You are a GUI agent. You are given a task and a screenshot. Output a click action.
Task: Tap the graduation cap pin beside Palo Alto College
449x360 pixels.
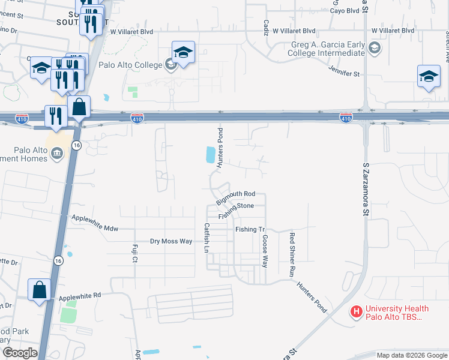(183, 52)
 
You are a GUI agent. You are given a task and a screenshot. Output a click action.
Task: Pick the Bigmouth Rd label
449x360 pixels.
(236, 194)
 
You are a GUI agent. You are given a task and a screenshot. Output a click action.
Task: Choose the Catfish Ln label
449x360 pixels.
(206, 238)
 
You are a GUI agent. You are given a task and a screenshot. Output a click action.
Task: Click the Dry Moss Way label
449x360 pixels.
(171, 241)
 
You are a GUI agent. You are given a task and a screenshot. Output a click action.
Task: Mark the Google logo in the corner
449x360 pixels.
(20, 353)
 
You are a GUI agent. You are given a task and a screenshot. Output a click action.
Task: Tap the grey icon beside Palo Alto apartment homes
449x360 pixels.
(56, 154)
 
